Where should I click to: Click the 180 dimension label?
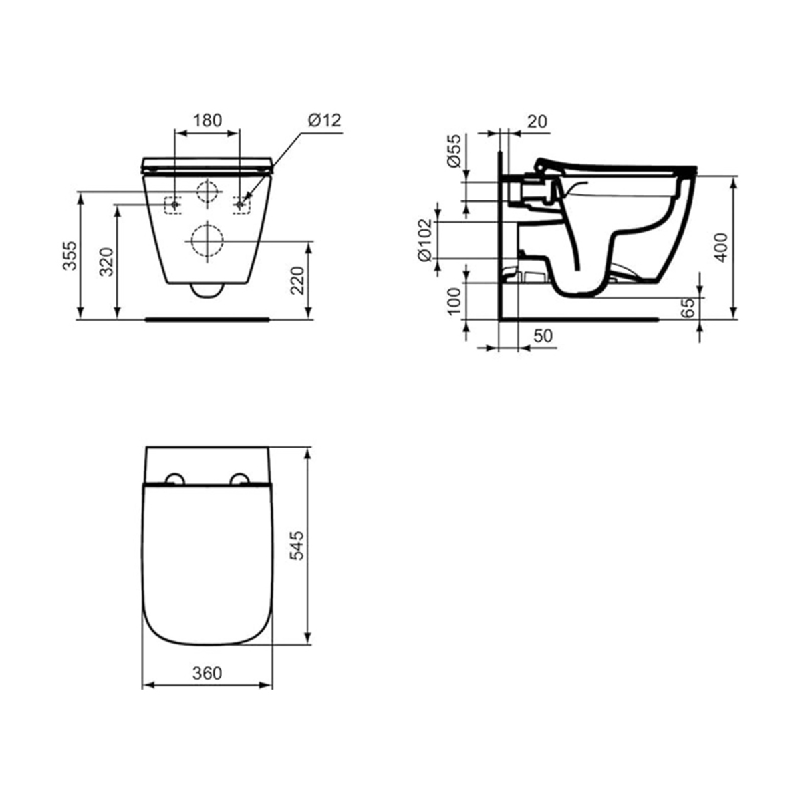click(x=207, y=121)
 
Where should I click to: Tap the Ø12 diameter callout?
click(x=324, y=121)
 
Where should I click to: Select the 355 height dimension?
click(x=70, y=255)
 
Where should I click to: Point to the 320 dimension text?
click(x=106, y=262)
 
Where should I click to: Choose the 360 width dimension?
click(x=207, y=673)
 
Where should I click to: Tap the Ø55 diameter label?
click(x=454, y=150)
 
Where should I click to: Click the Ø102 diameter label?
click(x=425, y=240)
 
